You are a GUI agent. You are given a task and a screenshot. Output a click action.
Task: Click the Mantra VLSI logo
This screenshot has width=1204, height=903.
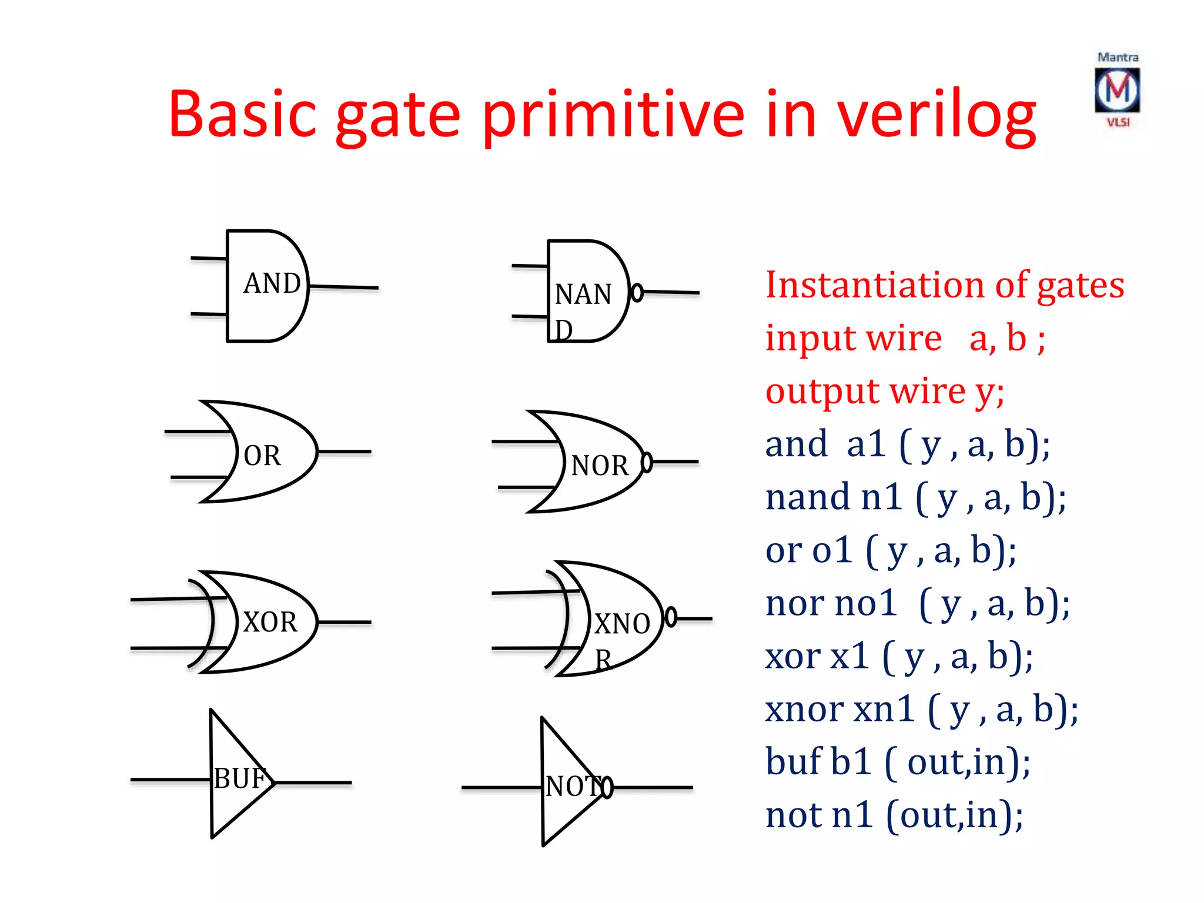[x=1117, y=89]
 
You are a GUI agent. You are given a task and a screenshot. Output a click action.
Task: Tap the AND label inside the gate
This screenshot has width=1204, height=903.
[x=272, y=283]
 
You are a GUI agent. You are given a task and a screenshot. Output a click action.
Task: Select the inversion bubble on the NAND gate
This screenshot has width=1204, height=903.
[x=637, y=292]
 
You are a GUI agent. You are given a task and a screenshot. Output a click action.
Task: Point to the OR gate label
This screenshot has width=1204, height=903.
[x=262, y=456]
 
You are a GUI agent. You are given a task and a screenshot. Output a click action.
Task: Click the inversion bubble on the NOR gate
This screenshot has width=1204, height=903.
[x=647, y=462]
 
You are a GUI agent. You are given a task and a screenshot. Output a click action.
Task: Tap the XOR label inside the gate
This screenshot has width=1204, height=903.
[x=270, y=622]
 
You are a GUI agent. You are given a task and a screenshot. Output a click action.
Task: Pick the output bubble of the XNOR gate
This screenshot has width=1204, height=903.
[x=671, y=617]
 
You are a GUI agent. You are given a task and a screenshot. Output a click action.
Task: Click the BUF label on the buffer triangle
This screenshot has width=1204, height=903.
[x=240, y=778]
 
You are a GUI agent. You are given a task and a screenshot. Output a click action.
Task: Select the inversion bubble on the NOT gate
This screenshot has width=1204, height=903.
[x=607, y=787]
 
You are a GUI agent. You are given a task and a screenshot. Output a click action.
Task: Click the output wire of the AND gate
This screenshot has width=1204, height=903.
[x=344, y=287]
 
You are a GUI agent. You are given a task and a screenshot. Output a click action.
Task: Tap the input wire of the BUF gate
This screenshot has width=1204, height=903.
[x=170, y=780]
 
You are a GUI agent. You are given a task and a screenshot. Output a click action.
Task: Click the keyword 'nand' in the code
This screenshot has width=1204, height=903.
[x=808, y=497]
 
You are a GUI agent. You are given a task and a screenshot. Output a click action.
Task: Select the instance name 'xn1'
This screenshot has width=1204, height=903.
[x=884, y=709]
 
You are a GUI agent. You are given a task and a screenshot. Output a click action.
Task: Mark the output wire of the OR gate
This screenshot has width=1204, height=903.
[x=344, y=451]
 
